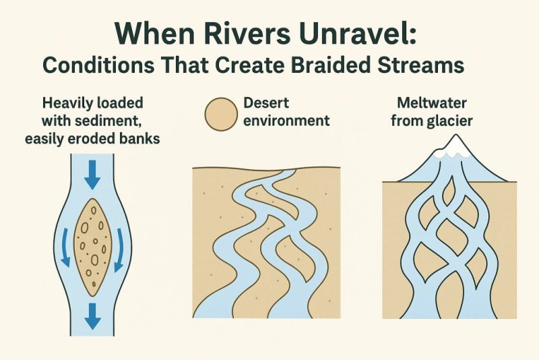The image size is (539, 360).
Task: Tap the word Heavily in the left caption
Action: point(69,105)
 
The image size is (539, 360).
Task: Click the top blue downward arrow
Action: point(92,177)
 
